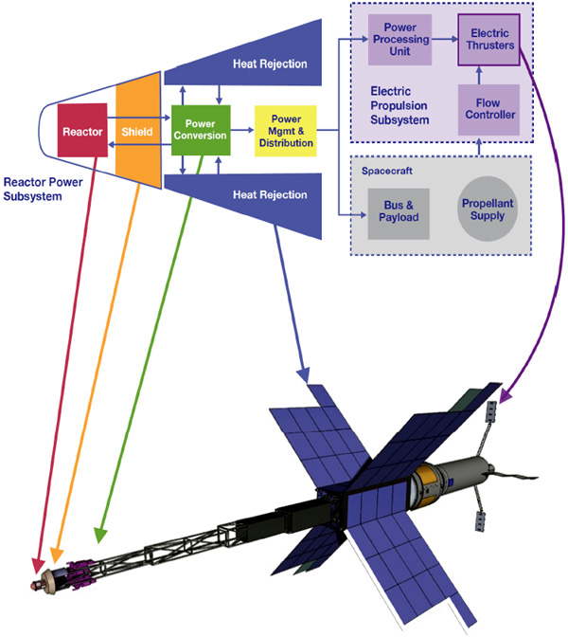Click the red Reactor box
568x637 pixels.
82,130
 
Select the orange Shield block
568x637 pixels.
138,130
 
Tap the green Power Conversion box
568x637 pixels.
201,130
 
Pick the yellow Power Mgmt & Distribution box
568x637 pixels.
286,131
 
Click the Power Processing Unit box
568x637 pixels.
399,40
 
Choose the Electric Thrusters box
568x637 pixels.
488,40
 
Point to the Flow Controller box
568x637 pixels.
488,109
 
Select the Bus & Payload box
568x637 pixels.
399,213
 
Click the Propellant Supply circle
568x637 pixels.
488,209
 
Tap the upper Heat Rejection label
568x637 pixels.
270,64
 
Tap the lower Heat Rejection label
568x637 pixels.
270,194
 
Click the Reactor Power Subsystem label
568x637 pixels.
43,189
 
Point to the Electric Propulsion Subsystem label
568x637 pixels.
399,105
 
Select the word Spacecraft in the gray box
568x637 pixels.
387,171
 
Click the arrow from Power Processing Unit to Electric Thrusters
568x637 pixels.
445,39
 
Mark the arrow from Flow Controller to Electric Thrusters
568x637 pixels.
479,75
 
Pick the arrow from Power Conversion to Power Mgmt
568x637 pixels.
242,130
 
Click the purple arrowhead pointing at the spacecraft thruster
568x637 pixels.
505,396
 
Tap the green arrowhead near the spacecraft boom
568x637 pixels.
99,536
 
